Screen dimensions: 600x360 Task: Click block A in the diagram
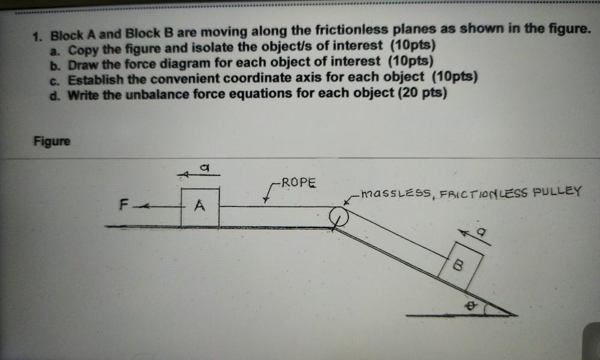tap(200, 207)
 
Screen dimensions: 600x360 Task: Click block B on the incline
tap(460, 266)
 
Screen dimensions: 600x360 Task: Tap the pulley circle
tap(339, 217)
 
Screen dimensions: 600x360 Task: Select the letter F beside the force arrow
tap(124, 205)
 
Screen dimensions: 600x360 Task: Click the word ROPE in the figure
tap(299, 182)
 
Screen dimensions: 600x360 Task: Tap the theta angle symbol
tap(471, 305)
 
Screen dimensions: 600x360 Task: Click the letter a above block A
tap(205, 167)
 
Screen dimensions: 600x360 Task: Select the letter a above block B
tap(481, 232)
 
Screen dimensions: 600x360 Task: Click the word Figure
tap(52, 141)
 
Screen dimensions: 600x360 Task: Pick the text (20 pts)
tap(422, 93)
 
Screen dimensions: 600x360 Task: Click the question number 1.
tap(37, 37)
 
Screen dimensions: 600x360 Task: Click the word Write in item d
tap(83, 95)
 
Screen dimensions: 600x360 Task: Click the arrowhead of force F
tap(143, 207)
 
